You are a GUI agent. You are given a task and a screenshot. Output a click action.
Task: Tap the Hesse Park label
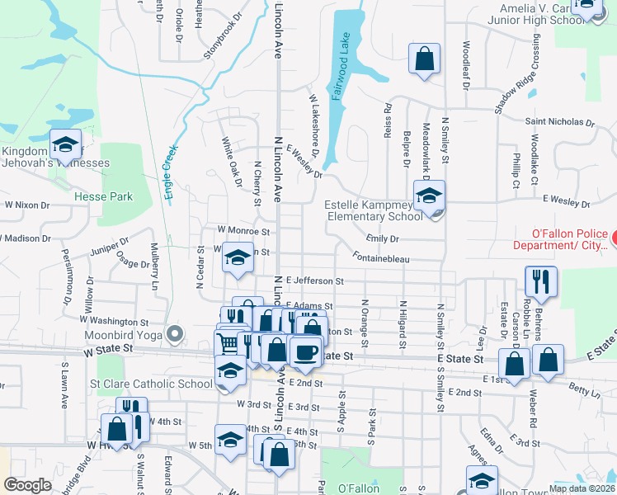[x=103, y=197]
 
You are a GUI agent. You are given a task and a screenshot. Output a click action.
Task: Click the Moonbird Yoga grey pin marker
[x=174, y=335]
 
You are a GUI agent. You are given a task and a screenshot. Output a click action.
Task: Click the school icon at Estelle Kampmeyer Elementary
[x=429, y=196]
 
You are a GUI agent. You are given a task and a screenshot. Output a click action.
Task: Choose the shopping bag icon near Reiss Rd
[x=424, y=59]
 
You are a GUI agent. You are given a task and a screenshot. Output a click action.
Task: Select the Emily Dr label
[x=383, y=238]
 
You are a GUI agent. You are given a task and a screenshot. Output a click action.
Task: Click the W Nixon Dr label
[x=27, y=204]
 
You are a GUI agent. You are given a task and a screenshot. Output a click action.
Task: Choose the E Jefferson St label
[x=315, y=281]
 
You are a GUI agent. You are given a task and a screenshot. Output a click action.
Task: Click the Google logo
[x=28, y=485]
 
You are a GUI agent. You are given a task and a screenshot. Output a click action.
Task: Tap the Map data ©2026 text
[x=582, y=488]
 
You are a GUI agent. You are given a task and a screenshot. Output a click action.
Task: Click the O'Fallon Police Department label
[x=561, y=239]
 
